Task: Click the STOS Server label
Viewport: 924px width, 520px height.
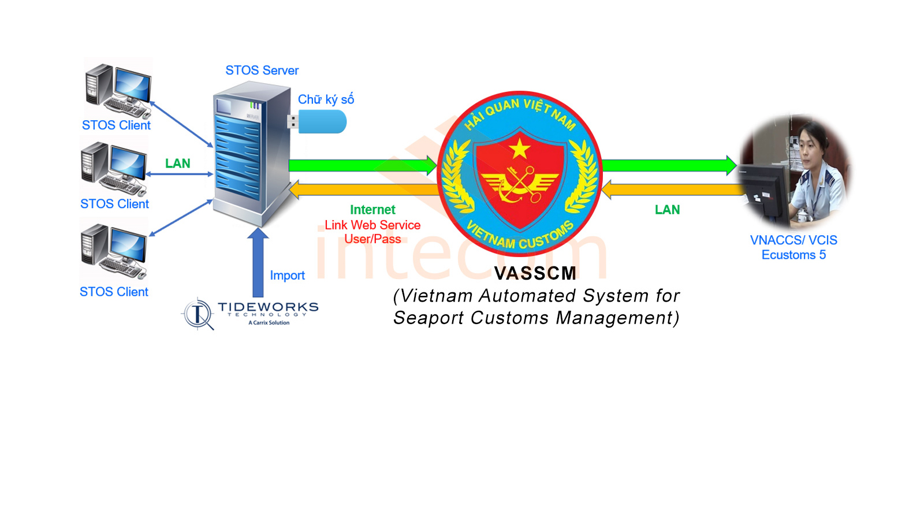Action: (x=262, y=70)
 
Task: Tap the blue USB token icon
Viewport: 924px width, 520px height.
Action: (x=321, y=122)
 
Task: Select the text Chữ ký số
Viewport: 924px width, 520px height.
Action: (x=326, y=99)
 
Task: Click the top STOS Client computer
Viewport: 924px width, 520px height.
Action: (x=119, y=90)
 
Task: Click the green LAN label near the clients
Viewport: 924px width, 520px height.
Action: (x=177, y=164)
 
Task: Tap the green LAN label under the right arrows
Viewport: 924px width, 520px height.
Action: (x=667, y=210)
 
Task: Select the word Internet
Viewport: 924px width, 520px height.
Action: (x=372, y=210)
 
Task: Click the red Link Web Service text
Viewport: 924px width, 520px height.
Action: (x=372, y=225)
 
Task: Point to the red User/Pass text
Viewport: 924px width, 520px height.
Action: (x=372, y=239)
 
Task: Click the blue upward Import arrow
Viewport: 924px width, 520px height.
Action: (x=258, y=263)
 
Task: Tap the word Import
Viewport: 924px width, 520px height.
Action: (x=287, y=276)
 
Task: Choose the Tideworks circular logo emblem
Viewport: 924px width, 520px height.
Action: (x=198, y=314)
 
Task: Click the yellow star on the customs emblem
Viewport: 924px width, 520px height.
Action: (x=520, y=148)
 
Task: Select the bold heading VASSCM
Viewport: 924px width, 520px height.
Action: (x=535, y=273)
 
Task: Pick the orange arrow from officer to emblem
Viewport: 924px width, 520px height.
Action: (x=673, y=189)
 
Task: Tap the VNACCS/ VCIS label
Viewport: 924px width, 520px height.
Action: (x=793, y=240)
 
